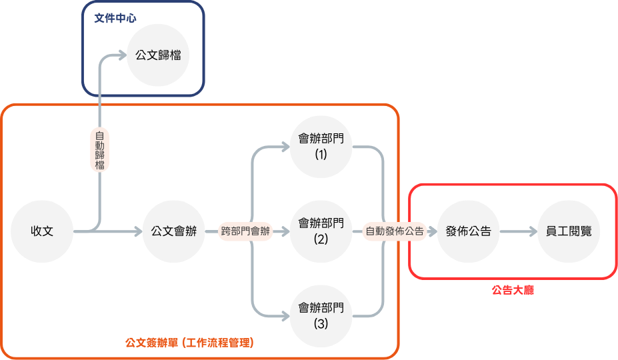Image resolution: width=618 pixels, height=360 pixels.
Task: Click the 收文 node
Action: [x=42, y=232]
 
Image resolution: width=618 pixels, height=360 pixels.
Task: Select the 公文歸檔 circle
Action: [x=158, y=55]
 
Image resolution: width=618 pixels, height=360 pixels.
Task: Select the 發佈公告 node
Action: [x=468, y=232]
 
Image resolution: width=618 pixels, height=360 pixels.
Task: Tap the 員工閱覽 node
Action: [x=569, y=232]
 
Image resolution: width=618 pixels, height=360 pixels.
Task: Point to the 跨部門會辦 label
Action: [x=246, y=232]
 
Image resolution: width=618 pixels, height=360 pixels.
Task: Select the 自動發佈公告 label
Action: [x=395, y=232]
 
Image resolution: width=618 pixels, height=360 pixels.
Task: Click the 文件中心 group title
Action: [x=115, y=17]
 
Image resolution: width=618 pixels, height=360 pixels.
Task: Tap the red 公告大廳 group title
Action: [x=513, y=290]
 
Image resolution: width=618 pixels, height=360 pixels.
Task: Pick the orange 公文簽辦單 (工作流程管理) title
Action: [x=189, y=343]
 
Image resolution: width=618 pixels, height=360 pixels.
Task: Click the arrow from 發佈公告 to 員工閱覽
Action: [x=518, y=232]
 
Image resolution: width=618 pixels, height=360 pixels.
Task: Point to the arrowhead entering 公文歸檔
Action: [x=123, y=55]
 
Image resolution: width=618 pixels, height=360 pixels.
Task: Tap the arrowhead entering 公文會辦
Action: [x=139, y=232]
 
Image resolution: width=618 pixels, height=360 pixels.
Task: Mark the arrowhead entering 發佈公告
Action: [x=434, y=232]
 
